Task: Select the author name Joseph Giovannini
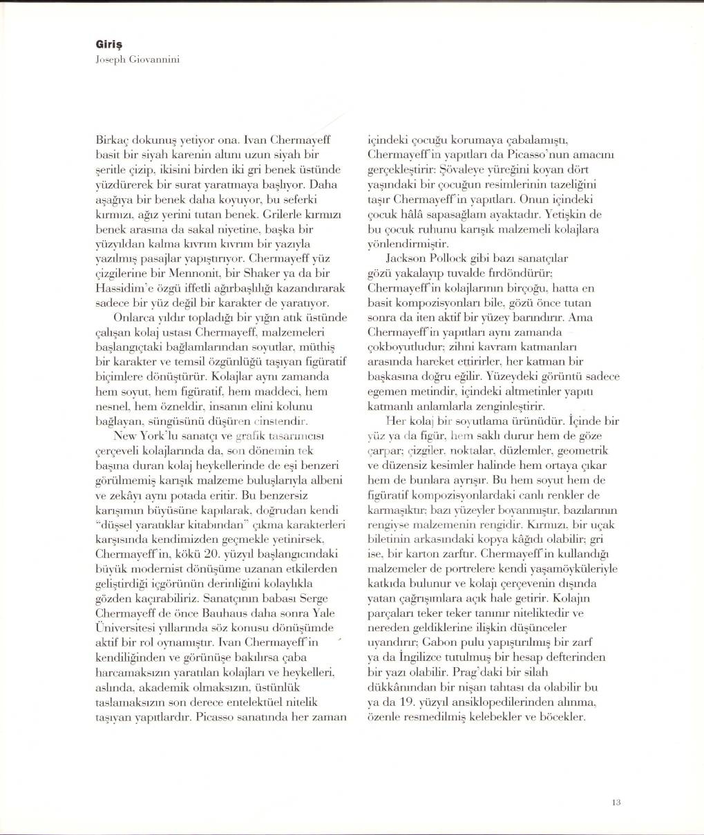point(138,59)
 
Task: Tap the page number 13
point(617,802)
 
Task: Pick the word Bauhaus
point(232,613)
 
